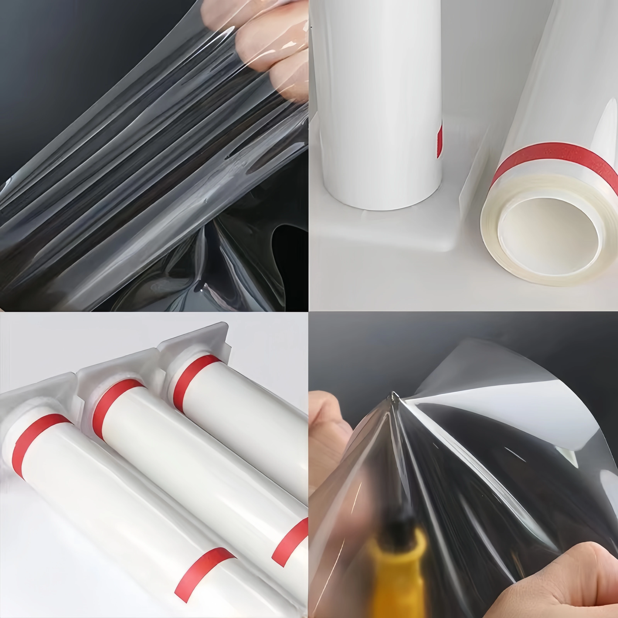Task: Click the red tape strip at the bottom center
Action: click(x=205, y=573)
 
